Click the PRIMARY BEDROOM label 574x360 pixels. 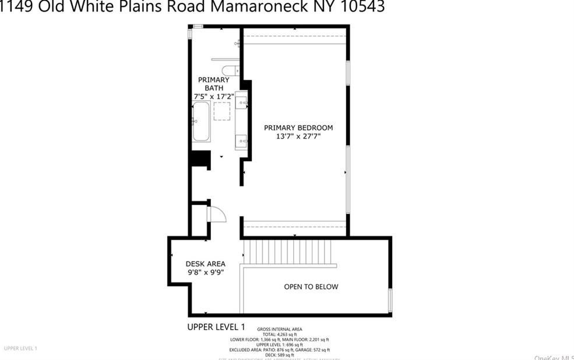(x=298, y=128)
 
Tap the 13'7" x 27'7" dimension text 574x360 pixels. (x=298, y=136)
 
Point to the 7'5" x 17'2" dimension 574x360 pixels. (x=214, y=96)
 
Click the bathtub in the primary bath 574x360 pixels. (x=202, y=122)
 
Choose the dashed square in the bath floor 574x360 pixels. (x=222, y=111)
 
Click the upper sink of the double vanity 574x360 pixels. (x=242, y=104)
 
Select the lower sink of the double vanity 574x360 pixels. (x=242, y=140)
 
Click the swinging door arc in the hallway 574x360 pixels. (x=216, y=214)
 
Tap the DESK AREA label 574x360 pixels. (x=205, y=264)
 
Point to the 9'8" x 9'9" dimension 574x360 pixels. (x=205, y=272)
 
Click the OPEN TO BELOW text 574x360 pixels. (x=311, y=287)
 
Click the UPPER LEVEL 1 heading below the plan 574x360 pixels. (x=216, y=327)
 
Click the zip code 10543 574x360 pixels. (x=362, y=7)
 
